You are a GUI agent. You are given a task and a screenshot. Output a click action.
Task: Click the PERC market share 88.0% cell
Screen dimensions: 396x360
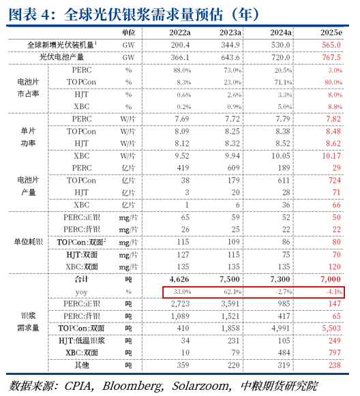point(182,70)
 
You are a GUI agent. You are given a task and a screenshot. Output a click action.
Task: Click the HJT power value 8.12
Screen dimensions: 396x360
point(181,143)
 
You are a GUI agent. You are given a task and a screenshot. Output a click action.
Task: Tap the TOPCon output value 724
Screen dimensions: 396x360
point(333,180)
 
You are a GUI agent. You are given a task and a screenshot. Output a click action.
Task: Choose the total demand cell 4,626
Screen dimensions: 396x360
point(179,279)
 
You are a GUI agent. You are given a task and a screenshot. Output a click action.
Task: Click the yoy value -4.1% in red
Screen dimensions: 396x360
point(333,292)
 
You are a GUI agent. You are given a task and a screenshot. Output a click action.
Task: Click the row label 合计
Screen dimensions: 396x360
point(81,279)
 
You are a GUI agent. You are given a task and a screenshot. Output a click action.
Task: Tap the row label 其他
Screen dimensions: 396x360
point(81,365)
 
